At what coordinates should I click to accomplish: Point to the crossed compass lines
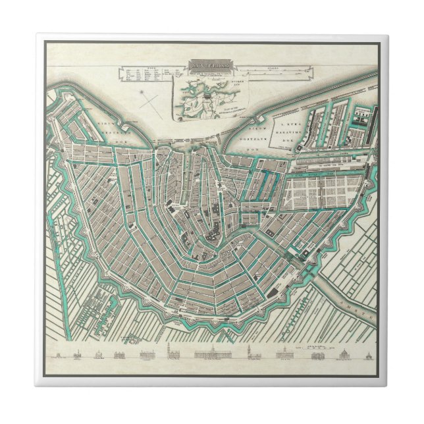click(152, 104)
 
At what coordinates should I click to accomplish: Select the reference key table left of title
click(146, 74)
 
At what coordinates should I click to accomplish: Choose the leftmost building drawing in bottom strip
click(57, 356)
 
